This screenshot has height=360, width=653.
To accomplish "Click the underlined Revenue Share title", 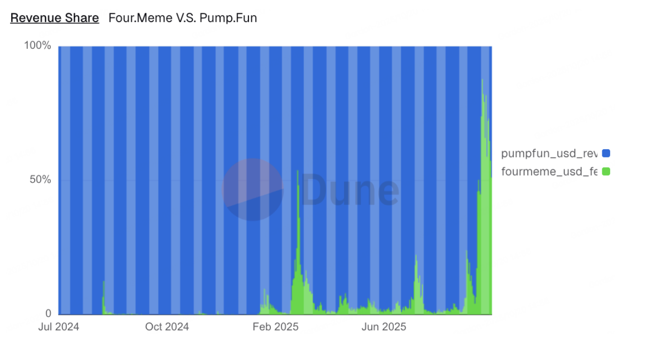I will coord(54,19).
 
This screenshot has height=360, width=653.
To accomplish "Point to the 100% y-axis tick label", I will coord(38,46).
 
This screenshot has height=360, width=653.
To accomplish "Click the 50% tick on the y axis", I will coord(41,180).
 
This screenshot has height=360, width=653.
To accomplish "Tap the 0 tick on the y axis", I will coord(48,313).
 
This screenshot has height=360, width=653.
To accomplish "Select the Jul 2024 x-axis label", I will coord(59,327).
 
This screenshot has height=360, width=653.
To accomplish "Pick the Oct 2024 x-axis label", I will coord(167,327).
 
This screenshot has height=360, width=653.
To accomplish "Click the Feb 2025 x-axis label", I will coord(275,327).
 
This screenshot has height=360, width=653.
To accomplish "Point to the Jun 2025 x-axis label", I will coord(384,327).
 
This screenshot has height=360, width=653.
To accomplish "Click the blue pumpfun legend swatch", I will coord(606,153).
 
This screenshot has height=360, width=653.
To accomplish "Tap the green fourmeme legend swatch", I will coord(606,171).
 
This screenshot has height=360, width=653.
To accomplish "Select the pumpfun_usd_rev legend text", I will coord(549,153).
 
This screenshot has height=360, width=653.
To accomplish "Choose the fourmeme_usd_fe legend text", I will coord(549,171).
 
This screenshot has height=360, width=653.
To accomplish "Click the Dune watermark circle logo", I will coord(253,190).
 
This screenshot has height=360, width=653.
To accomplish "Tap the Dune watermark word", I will coord(349,190).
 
